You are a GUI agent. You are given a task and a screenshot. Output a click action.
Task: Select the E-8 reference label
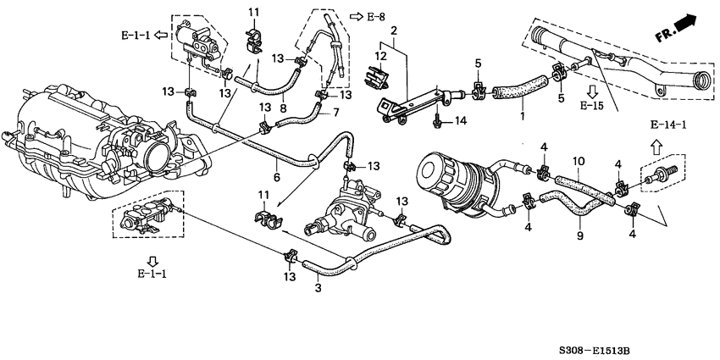coord(375,17)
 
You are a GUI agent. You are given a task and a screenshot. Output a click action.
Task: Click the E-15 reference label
coord(592,106)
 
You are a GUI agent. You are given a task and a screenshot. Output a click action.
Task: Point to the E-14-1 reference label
coord(668,125)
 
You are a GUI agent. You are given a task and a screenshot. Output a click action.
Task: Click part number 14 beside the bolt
coord(460,121)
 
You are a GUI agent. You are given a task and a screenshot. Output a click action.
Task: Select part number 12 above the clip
coord(380,56)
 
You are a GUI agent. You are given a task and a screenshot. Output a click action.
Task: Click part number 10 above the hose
coord(579,161)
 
